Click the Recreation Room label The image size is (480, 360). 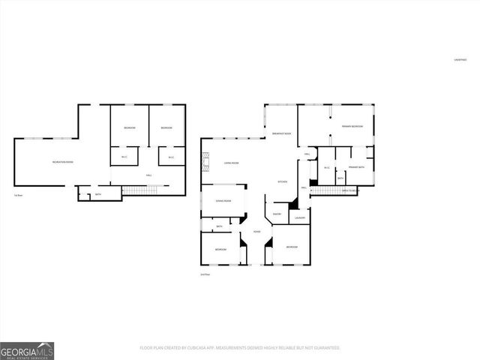pyautogui.click(x=62, y=162)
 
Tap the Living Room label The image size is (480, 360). pyautogui.click(x=230, y=163)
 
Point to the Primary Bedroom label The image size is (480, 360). pyautogui.click(x=352, y=126)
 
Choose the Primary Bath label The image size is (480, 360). pyautogui.click(x=355, y=167)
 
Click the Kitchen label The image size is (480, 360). pyautogui.click(x=283, y=182)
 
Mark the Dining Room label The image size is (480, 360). pyautogui.click(x=223, y=201)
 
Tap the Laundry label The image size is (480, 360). pyautogui.click(x=299, y=217)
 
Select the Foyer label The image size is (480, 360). pyautogui.click(x=256, y=232)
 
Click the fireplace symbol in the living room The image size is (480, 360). pyautogui.click(x=203, y=159)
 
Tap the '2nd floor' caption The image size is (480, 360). pyautogui.click(x=205, y=275)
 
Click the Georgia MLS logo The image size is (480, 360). pyautogui.click(x=27, y=350)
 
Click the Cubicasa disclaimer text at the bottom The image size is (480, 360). pyautogui.click(x=240, y=348)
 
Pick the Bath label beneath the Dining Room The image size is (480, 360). pyautogui.click(x=219, y=226)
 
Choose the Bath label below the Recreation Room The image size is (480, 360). pyautogui.click(x=98, y=194)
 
